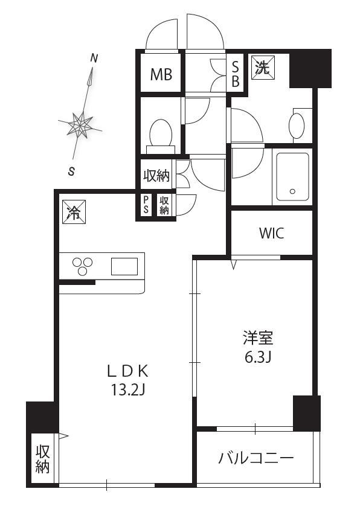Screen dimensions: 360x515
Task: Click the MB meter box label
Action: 161,74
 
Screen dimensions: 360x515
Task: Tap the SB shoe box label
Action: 235,74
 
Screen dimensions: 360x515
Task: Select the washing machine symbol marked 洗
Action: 263,68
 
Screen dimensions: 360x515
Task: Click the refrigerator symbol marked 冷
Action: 74,212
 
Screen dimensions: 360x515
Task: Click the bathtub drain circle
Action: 292,191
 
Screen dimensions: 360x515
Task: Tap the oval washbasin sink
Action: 297,125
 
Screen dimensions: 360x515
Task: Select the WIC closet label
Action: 272,233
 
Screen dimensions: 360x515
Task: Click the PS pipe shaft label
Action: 146,205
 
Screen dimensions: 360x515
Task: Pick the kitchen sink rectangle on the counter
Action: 124,266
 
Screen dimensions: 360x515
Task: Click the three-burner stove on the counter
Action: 82,266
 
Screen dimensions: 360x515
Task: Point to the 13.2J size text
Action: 128,390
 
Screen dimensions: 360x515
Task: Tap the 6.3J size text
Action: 257,357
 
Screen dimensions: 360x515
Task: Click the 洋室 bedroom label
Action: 258,338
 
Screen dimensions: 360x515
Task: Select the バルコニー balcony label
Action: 256,458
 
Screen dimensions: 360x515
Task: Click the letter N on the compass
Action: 94,59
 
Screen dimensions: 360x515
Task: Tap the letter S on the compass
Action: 71,171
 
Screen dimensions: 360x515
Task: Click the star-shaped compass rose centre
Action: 80,124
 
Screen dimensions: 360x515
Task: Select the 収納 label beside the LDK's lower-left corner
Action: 43,459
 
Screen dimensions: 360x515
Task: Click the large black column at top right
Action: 310,69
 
